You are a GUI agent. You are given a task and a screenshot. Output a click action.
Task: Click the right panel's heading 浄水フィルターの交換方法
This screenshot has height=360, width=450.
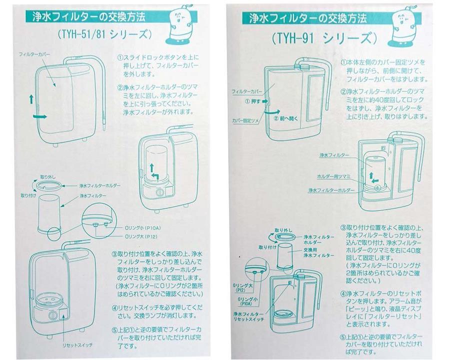(x=307, y=18)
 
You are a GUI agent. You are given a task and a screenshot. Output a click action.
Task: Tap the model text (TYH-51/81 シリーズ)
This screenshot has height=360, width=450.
(x=102, y=34)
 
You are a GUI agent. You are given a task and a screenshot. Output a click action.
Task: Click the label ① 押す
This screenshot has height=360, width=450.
(x=254, y=100)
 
